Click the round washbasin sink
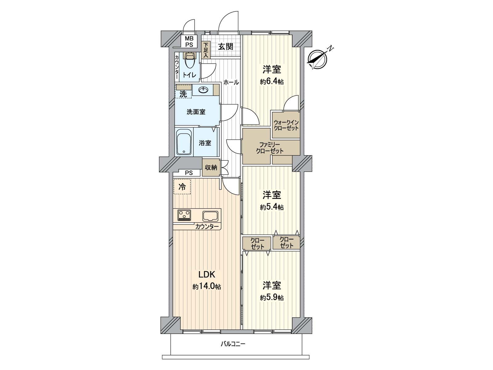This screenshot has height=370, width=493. [x=203, y=90]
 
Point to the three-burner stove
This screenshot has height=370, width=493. [x=184, y=215]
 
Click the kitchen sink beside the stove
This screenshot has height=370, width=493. [x=210, y=215]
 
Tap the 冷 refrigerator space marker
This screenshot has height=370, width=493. [x=182, y=187]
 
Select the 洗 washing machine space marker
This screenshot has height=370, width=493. [x=183, y=94]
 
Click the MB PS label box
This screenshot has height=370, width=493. [x=189, y=41]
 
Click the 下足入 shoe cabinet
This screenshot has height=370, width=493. [x=206, y=50]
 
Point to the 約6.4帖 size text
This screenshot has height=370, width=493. [x=271, y=82]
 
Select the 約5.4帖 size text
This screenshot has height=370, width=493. [x=271, y=207]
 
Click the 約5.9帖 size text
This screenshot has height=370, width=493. [x=271, y=298]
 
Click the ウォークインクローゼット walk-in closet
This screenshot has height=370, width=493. [x=286, y=125]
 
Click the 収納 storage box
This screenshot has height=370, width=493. [x=211, y=167]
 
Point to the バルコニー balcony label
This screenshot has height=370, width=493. [x=233, y=344]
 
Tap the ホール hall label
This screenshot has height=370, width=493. [x=231, y=82]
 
